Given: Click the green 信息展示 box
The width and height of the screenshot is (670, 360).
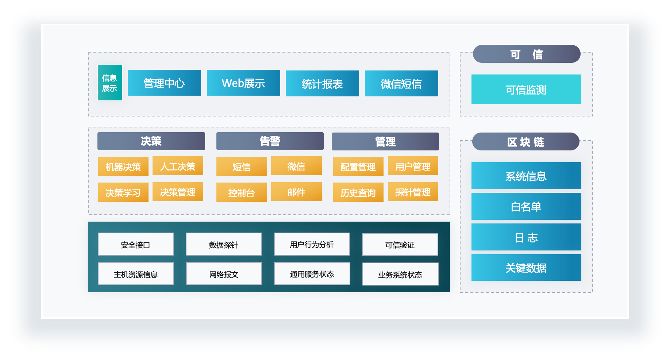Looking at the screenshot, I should pos(109,83).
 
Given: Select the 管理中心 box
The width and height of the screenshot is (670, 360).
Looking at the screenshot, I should pos(164,83).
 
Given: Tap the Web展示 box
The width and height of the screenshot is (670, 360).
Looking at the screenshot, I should pos(243,83).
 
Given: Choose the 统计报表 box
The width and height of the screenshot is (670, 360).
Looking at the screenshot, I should pos(322,84).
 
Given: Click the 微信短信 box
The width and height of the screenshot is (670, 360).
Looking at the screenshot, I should pos(401,84).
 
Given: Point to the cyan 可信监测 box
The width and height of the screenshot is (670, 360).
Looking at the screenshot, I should pos(526,89).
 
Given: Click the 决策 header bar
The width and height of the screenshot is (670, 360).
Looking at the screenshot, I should pos(151,141).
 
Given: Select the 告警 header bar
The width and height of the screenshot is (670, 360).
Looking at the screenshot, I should pos(270,141).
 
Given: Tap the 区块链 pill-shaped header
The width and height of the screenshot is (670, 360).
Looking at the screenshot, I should pos(525,142).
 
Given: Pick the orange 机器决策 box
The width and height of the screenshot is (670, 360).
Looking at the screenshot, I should pos(123,166).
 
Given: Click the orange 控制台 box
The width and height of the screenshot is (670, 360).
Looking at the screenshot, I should pos(241,192).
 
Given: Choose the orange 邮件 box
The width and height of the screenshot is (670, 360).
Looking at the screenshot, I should pos(296,192).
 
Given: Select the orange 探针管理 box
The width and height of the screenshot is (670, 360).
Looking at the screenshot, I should pos(413,192).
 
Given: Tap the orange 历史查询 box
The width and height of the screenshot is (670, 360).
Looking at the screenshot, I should pos(358,192).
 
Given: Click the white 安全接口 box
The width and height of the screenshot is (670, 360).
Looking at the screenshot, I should pos(135,244).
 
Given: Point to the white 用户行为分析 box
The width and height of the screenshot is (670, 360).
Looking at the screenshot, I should pos(312,244).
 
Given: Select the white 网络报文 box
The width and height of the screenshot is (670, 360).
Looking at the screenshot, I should pos(224,274).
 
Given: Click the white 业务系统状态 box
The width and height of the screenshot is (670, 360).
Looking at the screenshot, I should pos(400,274).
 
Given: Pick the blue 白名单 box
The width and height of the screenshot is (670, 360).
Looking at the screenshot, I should pos(526,206).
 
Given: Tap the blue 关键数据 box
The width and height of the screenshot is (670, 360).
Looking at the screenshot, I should pos(526,268).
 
